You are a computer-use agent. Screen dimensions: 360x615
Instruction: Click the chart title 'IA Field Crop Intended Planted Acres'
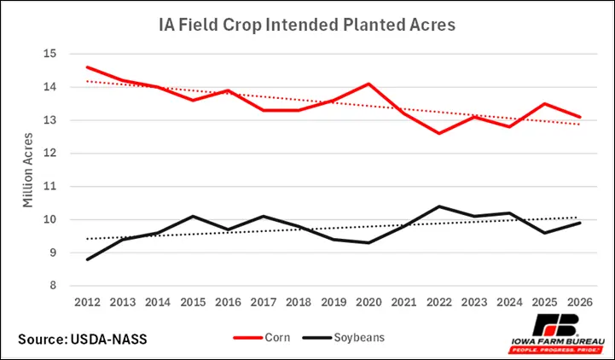307,26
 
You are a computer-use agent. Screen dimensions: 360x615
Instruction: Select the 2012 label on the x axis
88,302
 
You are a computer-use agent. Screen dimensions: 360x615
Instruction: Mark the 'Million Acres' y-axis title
28,171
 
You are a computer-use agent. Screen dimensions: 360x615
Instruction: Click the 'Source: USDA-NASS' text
83,340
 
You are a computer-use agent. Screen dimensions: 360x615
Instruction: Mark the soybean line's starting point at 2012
88,259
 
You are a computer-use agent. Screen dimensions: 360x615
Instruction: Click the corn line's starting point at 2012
88,67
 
